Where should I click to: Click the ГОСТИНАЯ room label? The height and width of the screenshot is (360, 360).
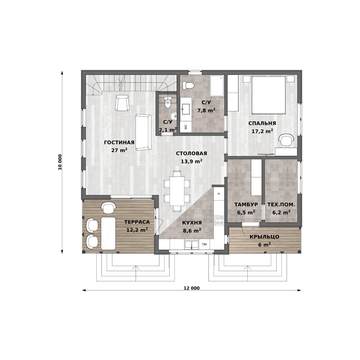tap(119, 143)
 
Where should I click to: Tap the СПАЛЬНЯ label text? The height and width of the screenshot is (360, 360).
tap(262, 123)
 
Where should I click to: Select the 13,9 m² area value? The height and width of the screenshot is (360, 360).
tap(191, 161)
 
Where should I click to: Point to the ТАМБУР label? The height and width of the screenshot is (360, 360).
tap(246, 204)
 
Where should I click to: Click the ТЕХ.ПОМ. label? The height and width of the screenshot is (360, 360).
tap(281, 204)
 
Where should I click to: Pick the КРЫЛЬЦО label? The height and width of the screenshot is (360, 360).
tap(264, 237)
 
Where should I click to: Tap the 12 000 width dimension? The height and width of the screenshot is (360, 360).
tap(191, 288)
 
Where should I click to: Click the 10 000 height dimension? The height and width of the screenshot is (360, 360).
tap(60, 162)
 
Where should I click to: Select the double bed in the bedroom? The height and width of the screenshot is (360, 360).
tap(269, 95)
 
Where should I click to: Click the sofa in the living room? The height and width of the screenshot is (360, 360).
tap(143, 132)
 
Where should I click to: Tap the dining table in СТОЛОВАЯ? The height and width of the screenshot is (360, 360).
tap(177, 191)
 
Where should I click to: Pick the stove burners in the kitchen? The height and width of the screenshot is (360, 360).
tap(219, 220)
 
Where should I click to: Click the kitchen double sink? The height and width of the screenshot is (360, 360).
tap(191, 244)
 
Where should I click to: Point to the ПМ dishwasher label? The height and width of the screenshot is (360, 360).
tap(204, 244)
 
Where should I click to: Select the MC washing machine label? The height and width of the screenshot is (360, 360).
tap(186, 127)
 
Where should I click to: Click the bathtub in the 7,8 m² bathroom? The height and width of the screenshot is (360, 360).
tap(217, 86)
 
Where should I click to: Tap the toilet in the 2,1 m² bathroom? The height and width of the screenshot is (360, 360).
tap(168, 102)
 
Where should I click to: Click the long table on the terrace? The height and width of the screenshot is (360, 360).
tap(108, 233)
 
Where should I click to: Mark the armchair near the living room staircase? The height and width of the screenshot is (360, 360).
tap(122, 103)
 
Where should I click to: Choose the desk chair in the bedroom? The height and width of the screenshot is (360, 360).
tap(286, 140)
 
